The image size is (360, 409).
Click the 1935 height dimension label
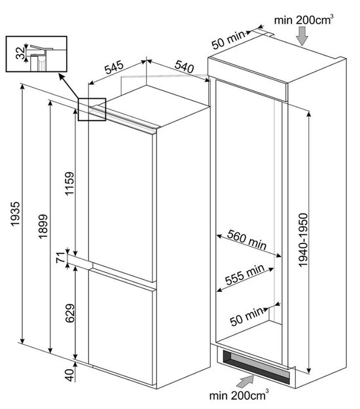coord(15,213)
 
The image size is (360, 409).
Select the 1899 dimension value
coord(43,226)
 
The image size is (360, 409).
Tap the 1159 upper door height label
coord(69,183)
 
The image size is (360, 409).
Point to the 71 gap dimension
coord(61,257)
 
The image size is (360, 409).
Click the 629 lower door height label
coord(70,313)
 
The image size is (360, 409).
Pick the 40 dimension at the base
coord(69,375)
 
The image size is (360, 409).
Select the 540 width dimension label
coord(185,66)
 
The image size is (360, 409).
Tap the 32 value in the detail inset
coord(20,53)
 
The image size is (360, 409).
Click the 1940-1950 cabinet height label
coord(303,240)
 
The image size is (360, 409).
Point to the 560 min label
coord(247,240)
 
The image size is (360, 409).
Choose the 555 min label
coord(245,275)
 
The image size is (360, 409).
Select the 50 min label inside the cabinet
coord(247,316)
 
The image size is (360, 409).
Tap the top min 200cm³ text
coord(304,20)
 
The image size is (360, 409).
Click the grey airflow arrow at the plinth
coord(245,381)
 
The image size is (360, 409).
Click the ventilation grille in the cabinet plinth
coord(256,366)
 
